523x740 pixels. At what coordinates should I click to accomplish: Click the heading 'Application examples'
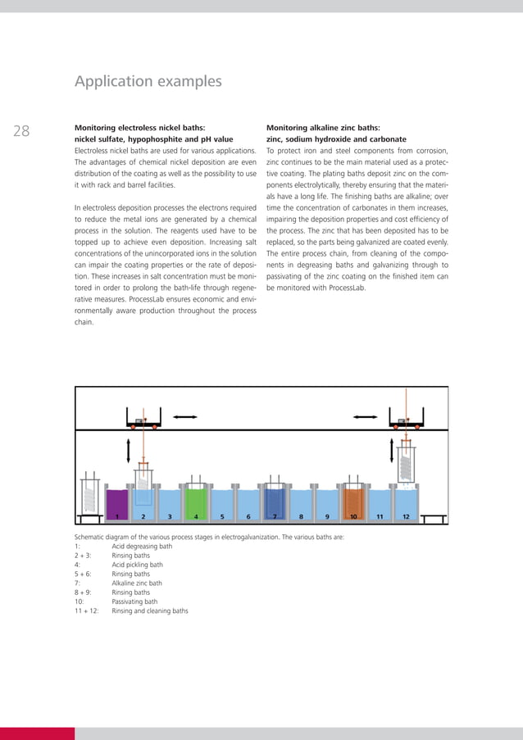click(148, 82)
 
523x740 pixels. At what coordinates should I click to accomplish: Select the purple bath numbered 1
click(117, 501)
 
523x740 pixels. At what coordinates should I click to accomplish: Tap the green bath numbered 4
click(196, 501)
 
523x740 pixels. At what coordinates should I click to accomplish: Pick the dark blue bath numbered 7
click(275, 501)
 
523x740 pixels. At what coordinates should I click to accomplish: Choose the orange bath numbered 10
click(353, 501)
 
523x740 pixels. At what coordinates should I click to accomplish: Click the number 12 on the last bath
click(406, 517)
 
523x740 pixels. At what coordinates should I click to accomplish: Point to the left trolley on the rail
click(142, 423)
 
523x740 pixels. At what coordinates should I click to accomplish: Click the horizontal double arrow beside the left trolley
click(185, 418)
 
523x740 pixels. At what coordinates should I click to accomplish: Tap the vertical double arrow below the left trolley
click(126, 450)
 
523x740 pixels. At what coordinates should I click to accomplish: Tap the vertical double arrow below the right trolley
click(391, 450)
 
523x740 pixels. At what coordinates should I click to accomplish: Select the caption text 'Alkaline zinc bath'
click(137, 583)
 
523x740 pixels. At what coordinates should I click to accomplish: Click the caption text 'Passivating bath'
click(134, 601)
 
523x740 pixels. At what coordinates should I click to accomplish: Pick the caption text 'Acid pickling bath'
click(137, 565)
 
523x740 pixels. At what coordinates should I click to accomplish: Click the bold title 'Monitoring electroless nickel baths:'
click(139, 128)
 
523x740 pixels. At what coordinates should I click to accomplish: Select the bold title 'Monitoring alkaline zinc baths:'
click(323, 128)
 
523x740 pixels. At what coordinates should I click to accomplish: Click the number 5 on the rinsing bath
click(222, 517)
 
